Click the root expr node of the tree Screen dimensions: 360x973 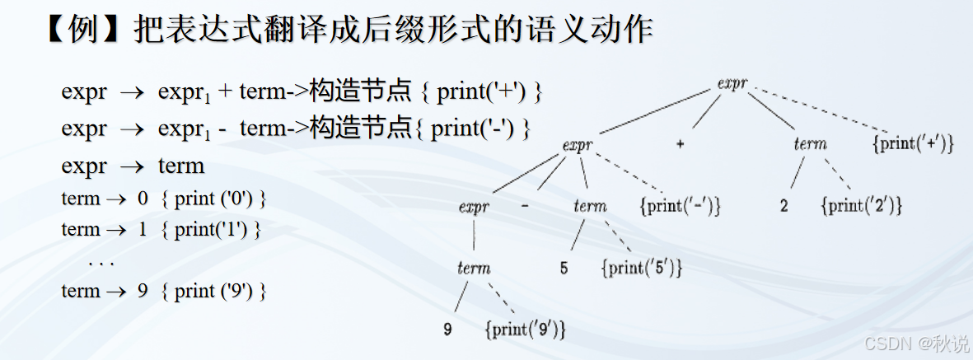coord(732,83)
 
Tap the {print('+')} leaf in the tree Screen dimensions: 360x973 coord(913,144)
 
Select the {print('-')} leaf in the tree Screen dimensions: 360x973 coord(681,206)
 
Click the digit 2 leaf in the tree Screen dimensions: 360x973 coord(784,206)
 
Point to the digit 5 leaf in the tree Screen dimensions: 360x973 coord(564,269)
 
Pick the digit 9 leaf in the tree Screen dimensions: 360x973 coord(447,330)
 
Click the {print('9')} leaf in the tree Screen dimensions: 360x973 coord(526,330)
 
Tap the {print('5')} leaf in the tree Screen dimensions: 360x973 coord(642,269)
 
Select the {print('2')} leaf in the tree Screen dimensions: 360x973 coord(862,206)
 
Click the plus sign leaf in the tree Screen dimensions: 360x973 coord(680,144)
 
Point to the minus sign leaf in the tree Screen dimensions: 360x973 coord(525,205)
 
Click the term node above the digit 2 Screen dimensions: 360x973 coord(810,144)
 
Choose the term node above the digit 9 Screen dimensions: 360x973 coord(474,269)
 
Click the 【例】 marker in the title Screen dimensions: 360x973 coord(81,30)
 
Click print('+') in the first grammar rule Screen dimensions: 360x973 coord(481,91)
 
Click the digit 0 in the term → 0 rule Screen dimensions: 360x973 coord(143,199)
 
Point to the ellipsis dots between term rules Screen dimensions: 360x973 coord(101,263)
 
